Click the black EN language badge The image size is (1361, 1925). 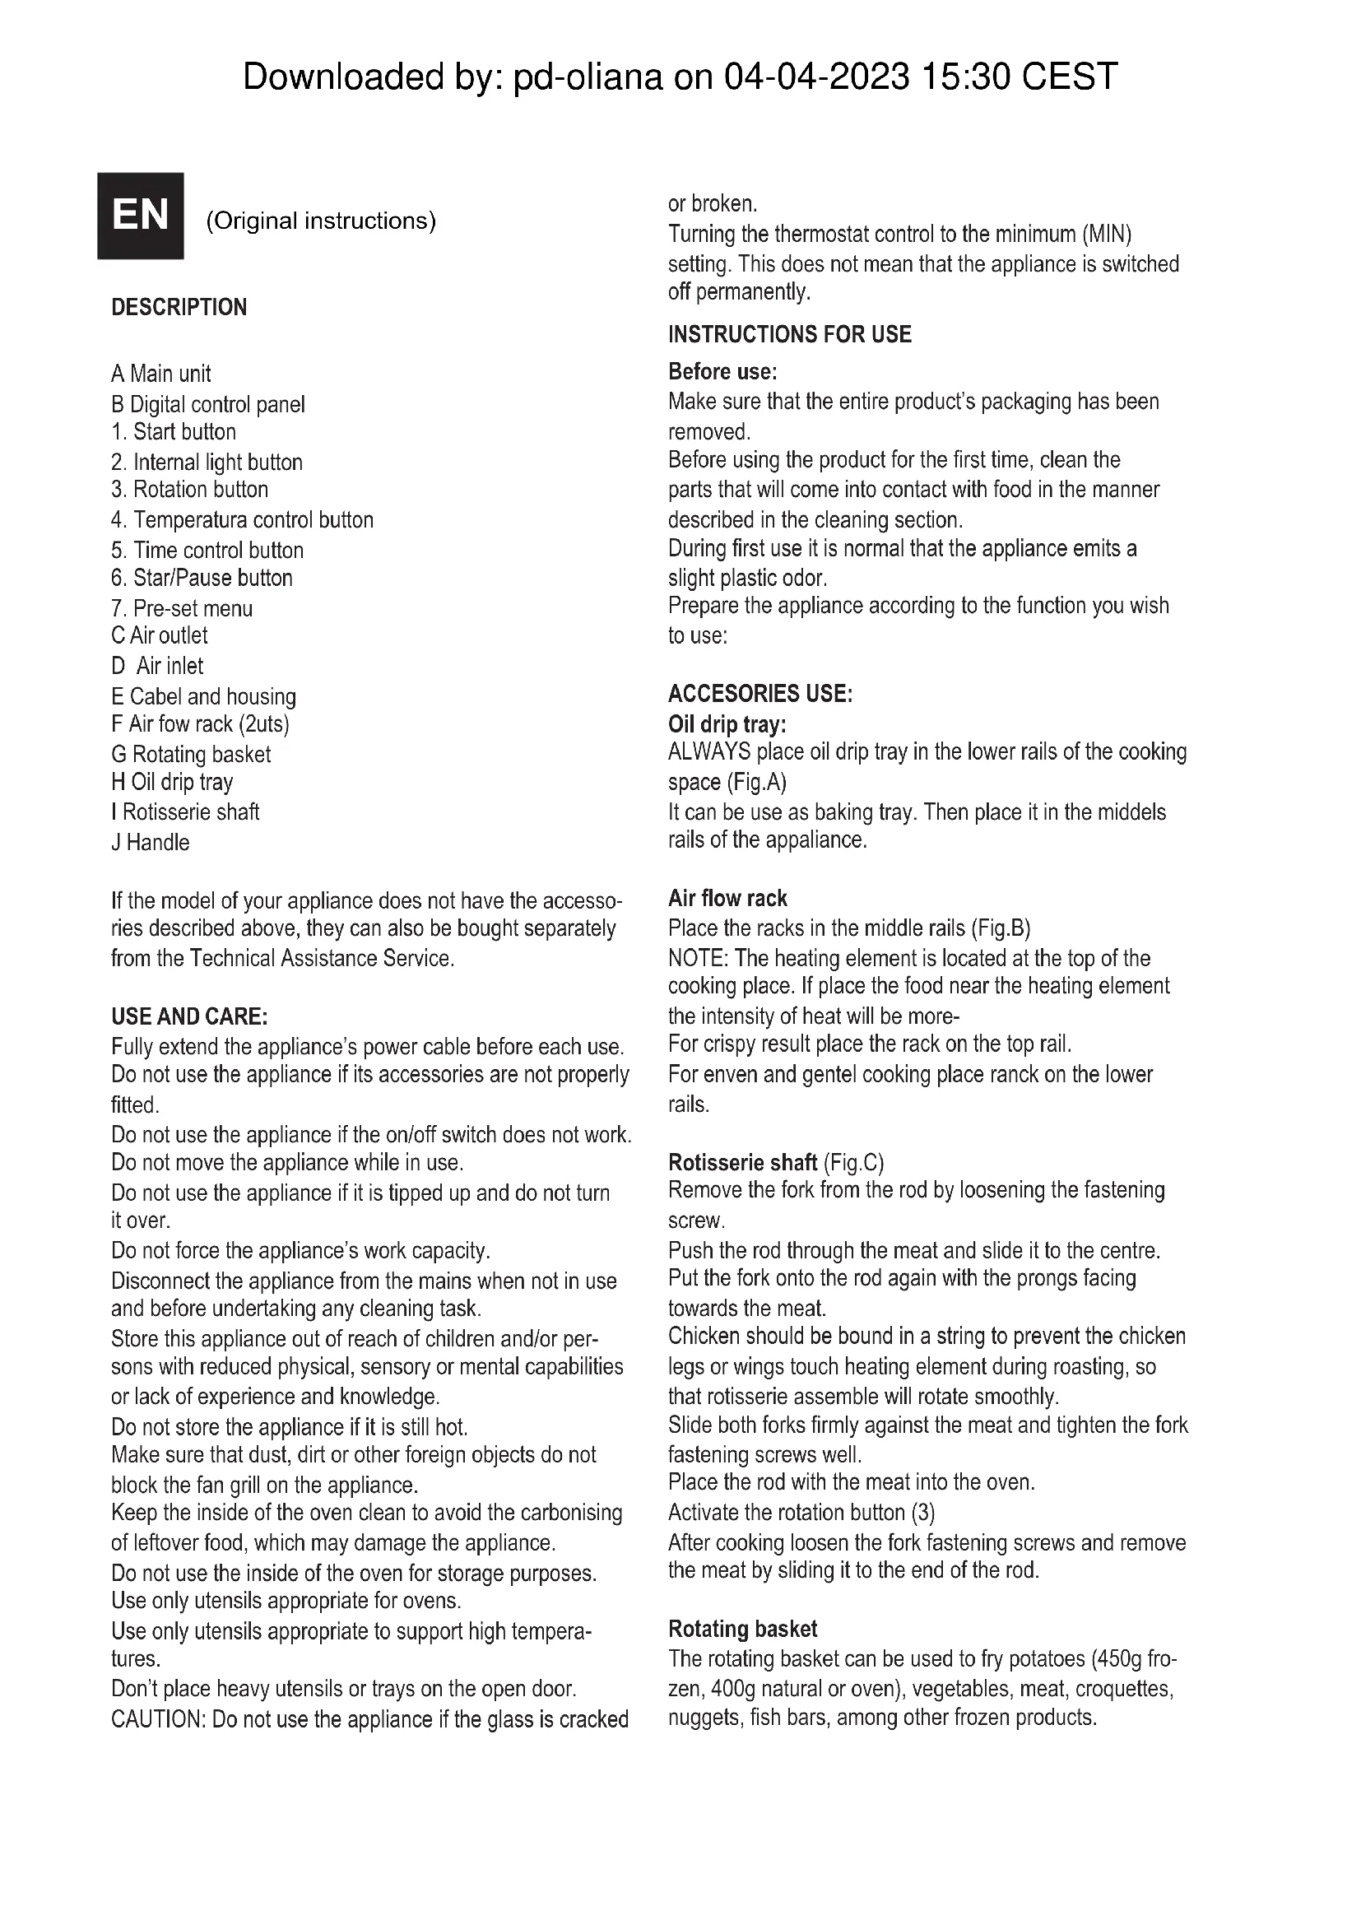[140, 216]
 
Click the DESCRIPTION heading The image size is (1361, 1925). [179, 307]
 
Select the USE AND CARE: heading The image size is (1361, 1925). [189, 1016]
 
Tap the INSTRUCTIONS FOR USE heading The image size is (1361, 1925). [789, 334]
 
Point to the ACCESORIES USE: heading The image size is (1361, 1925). [760, 693]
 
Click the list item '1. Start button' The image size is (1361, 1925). [174, 432]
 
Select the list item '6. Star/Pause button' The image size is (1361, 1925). [202, 578]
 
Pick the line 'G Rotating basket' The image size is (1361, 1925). [191, 754]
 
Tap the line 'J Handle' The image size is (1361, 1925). [151, 842]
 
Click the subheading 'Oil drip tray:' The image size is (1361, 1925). [727, 723]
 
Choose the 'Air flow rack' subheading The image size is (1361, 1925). [727, 898]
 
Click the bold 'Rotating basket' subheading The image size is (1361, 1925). [741, 1628]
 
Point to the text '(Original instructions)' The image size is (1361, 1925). [321, 221]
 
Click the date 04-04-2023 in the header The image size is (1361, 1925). [816, 77]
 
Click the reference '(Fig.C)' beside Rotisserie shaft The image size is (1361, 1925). [853, 1162]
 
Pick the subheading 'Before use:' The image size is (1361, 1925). [722, 370]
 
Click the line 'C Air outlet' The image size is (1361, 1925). [160, 635]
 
